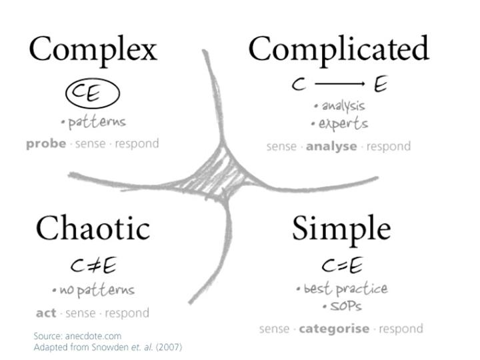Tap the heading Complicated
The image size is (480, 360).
pos(338,50)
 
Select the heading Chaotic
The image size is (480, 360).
pos(93,229)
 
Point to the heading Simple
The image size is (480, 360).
pos(341,229)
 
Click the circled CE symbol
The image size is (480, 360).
pos(92,94)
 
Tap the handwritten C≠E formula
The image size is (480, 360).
pos(93,266)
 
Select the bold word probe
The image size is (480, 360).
pos(46,143)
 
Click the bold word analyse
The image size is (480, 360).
pos(331,146)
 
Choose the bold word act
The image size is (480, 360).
pos(45,313)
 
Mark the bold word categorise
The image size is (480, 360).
pos(334,328)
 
